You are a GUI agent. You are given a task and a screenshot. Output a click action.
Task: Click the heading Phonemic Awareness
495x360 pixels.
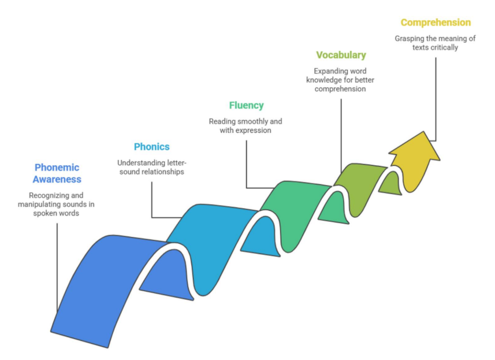[57, 173]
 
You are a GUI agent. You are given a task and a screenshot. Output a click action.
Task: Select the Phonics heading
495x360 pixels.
[151, 147]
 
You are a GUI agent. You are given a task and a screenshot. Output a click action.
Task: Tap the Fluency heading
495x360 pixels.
[246, 105]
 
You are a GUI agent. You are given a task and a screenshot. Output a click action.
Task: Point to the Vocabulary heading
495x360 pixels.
[341, 55]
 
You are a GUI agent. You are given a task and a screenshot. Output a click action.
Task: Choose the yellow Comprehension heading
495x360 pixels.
[436, 23]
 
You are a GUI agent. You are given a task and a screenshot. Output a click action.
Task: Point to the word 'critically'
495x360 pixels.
[444, 47]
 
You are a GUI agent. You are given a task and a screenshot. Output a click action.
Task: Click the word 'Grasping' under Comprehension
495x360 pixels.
[411, 39]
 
